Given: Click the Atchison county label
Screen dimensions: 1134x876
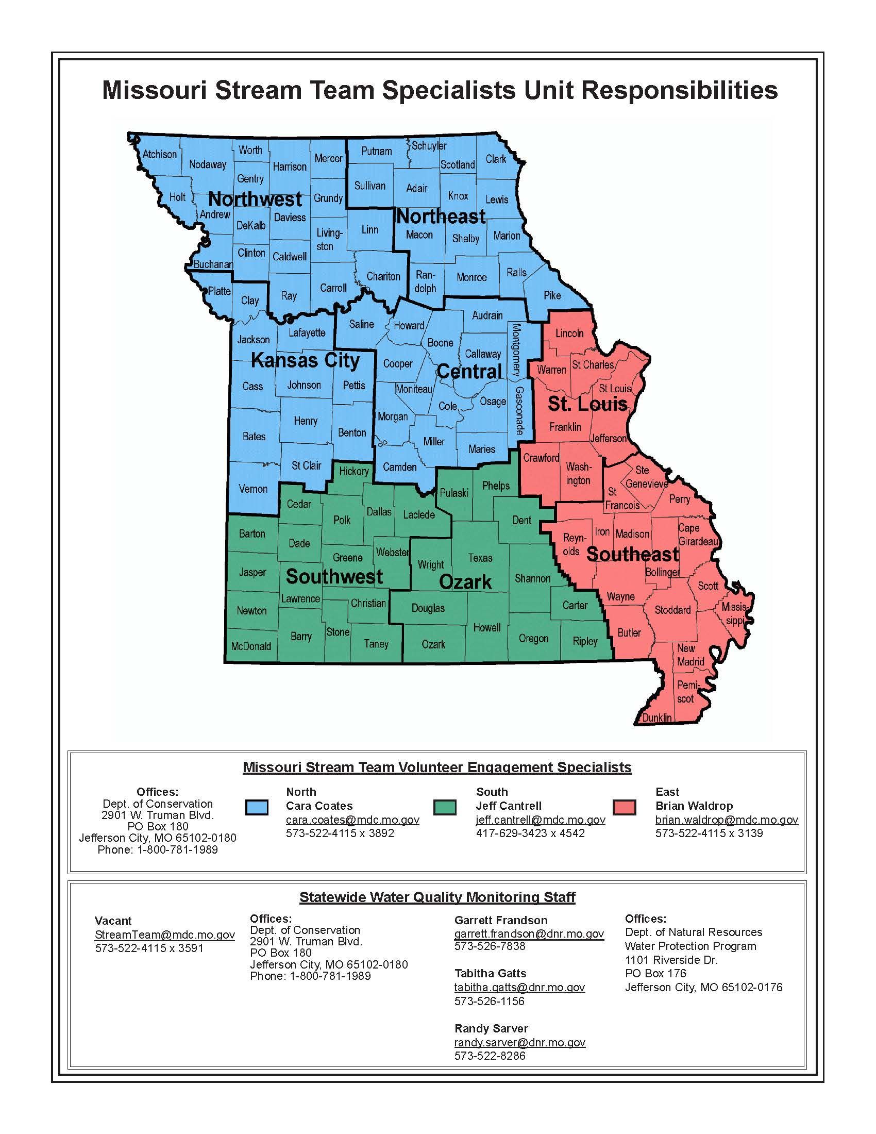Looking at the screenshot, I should pyautogui.click(x=159, y=154).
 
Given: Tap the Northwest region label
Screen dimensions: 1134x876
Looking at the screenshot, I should pyautogui.click(x=255, y=199).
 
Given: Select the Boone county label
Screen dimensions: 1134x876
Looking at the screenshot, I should pyautogui.click(x=440, y=343).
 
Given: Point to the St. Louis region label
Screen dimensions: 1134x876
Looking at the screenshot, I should pyautogui.click(x=587, y=404).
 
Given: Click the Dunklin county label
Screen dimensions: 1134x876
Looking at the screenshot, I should pyautogui.click(x=657, y=718).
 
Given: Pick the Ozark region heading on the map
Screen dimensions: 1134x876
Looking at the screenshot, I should pyautogui.click(x=465, y=582).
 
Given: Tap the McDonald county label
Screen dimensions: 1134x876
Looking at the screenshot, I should pyautogui.click(x=250, y=646).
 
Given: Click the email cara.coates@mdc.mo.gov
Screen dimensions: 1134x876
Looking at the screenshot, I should pyautogui.click(x=352, y=820).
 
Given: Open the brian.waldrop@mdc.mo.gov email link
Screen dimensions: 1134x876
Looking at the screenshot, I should pyautogui.click(x=726, y=820).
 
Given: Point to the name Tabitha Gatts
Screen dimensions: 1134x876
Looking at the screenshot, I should pyautogui.click(x=490, y=974).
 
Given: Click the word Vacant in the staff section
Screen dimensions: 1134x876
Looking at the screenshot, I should pyautogui.click(x=113, y=921).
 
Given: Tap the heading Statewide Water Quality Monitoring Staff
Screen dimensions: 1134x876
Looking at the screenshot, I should pyautogui.click(x=437, y=897).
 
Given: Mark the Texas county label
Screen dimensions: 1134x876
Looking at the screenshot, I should pyautogui.click(x=480, y=558).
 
